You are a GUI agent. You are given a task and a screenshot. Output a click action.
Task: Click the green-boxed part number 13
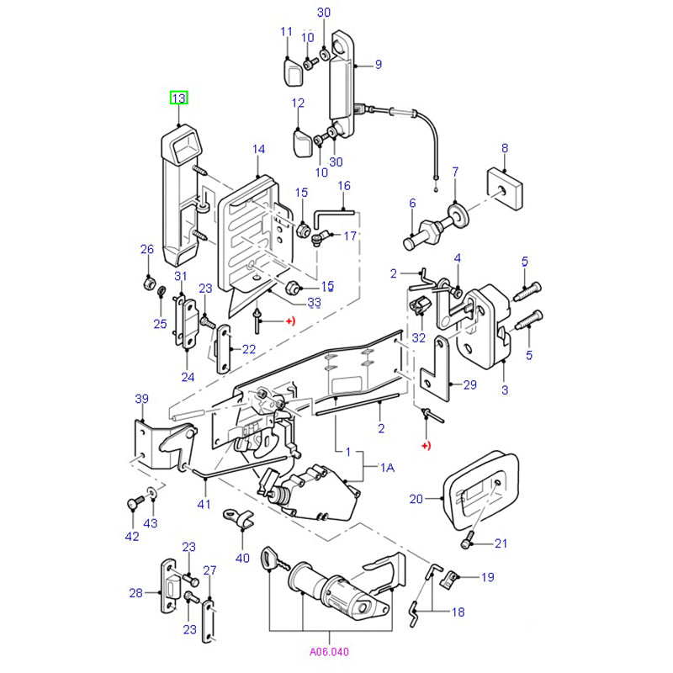click(179, 98)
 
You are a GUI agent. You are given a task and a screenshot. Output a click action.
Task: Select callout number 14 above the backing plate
click(258, 149)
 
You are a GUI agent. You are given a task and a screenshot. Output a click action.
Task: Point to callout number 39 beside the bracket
click(141, 398)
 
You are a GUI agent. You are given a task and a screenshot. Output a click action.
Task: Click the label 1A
click(387, 468)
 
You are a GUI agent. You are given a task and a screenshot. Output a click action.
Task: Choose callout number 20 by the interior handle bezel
click(416, 499)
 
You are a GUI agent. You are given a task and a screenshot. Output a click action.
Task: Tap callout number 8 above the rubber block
click(505, 148)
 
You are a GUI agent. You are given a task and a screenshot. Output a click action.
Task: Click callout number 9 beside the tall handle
click(378, 64)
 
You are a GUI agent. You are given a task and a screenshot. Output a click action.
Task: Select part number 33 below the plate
click(314, 302)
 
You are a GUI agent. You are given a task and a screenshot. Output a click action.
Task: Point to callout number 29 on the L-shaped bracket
click(469, 384)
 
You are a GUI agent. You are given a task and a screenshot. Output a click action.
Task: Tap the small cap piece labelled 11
click(292, 72)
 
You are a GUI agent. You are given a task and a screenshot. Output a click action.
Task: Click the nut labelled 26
click(148, 284)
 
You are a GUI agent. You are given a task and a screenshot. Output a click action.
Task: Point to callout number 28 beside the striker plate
click(136, 593)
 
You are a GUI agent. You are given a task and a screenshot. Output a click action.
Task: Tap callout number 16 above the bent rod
click(343, 185)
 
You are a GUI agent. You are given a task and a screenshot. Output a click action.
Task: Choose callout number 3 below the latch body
click(505, 390)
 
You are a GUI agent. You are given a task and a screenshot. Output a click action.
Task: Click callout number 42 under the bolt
click(131, 536)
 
